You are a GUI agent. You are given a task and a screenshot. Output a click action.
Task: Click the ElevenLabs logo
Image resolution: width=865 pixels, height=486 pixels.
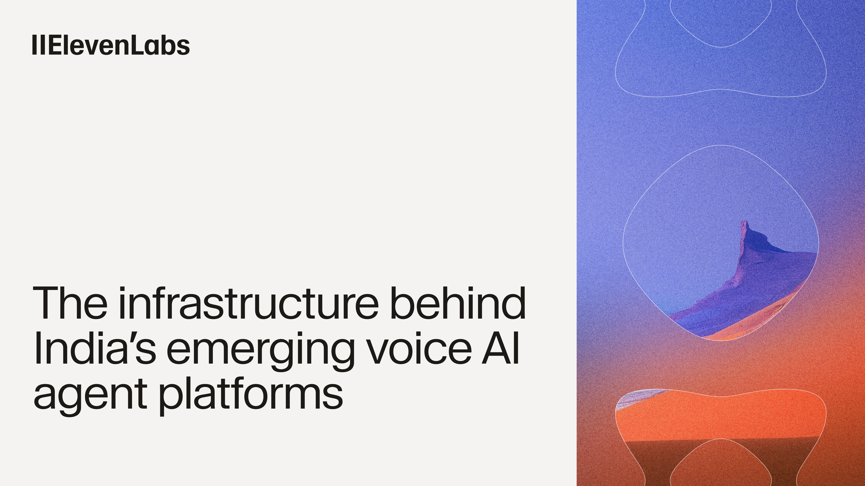coord(111,45)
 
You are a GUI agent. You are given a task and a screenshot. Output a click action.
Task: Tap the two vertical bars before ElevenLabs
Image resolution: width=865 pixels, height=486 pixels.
coord(39,45)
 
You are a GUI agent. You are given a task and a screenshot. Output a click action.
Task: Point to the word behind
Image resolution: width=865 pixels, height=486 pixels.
coord(458,303)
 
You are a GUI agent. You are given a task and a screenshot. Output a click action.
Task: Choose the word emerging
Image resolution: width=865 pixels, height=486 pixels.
coord(260,351)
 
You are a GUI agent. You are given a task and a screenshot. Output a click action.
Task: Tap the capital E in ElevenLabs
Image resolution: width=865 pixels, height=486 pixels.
coord(57,45)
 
